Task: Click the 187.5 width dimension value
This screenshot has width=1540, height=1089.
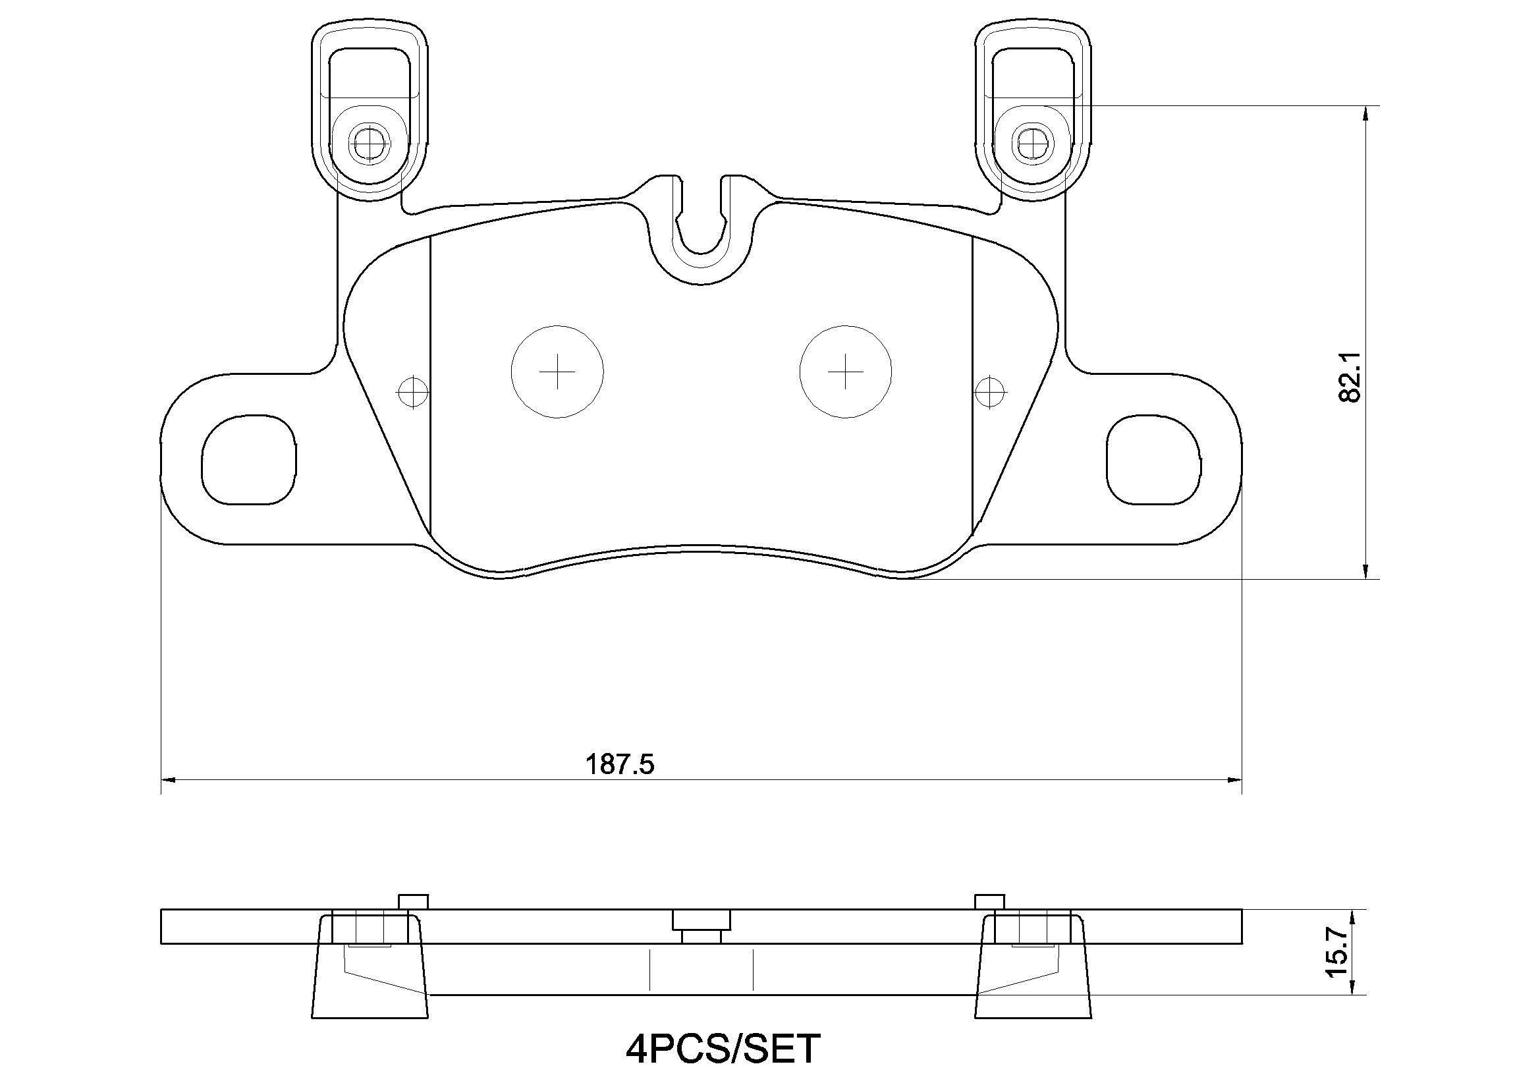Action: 620,764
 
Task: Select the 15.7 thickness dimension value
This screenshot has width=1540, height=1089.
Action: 1336,952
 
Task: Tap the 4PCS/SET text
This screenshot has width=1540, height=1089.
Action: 723,1048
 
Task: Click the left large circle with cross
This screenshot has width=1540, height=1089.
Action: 557,372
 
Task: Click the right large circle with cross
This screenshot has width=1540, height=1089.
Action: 845,372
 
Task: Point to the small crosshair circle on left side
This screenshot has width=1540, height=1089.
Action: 412,391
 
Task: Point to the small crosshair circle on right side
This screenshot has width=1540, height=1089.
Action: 990,391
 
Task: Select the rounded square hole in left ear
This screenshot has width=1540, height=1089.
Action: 249,460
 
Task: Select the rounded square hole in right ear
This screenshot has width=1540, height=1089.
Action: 1153,460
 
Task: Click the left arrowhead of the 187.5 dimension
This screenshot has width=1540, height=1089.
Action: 168,780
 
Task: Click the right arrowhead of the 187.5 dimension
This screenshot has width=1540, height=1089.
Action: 1235,780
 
